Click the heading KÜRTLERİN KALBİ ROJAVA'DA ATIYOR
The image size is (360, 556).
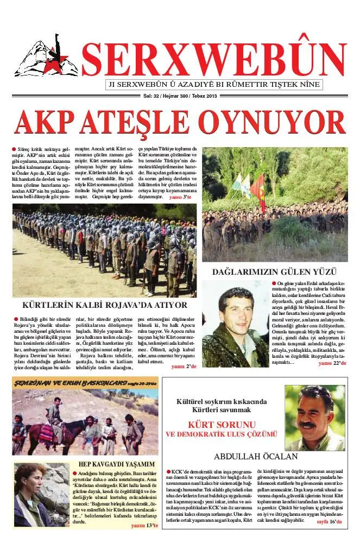coord(105,305)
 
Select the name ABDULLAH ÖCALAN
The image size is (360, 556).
coord(256,456)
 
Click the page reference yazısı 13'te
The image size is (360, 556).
coord(144,526)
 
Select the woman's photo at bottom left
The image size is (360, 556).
coord(41,494)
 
